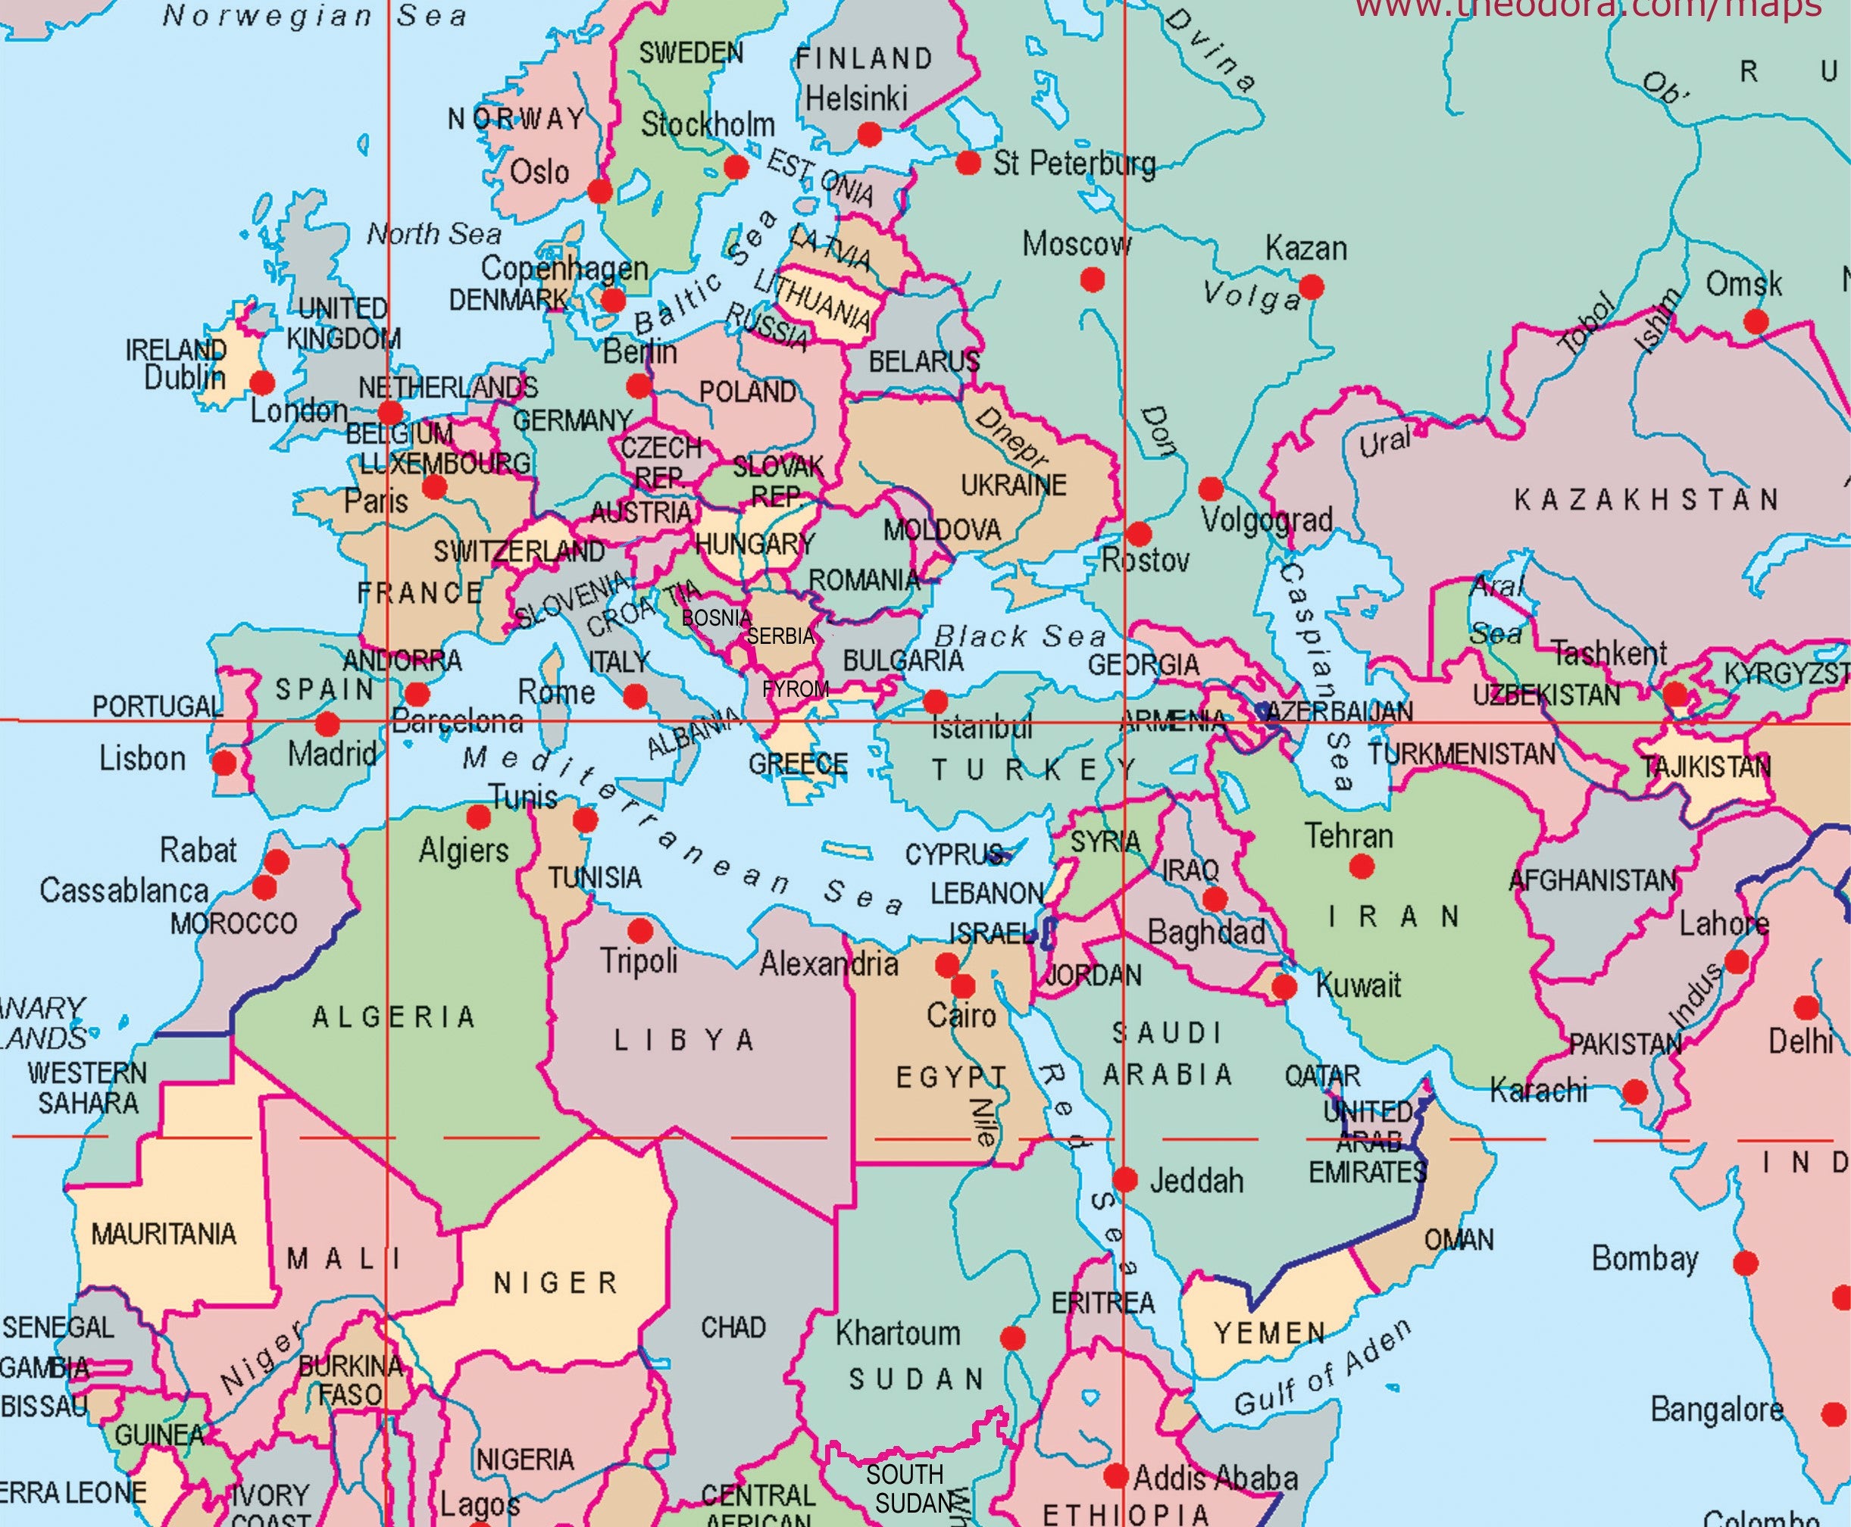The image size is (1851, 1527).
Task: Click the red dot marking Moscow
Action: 1092,279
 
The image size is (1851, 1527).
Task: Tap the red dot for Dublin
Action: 262,383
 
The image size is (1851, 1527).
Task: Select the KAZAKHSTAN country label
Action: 1646,500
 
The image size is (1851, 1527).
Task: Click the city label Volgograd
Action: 1267,520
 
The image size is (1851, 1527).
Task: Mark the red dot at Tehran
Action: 1361,867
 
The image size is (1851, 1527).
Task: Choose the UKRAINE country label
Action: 1014,485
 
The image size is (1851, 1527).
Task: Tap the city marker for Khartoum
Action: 1012,1338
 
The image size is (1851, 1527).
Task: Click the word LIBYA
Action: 683,1041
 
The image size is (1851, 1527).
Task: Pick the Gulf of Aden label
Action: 1322,1369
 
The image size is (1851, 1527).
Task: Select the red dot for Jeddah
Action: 1125,1179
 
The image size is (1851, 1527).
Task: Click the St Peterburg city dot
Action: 968,163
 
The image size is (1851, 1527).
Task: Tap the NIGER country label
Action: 556,1282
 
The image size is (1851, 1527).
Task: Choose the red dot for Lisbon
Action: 225,762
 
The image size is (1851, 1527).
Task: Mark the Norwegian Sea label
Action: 314,16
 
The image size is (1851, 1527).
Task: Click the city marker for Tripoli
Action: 639,929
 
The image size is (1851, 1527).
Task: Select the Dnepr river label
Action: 1011,437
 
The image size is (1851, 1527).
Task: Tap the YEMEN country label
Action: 1269,1334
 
